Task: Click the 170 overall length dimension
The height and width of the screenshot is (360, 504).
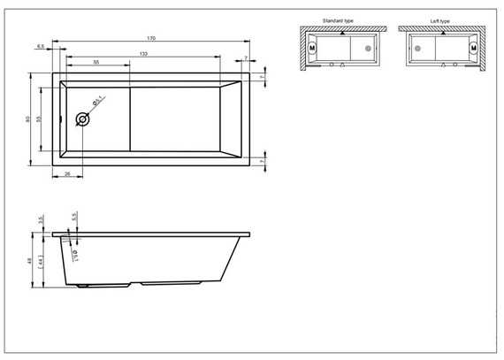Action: [151, 39]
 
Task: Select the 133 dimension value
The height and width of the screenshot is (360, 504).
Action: [143, 55]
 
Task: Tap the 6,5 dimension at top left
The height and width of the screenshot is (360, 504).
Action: [41, 45]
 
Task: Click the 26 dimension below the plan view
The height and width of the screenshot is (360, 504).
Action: [68, 173]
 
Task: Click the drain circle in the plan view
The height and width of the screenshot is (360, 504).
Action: [83, 118]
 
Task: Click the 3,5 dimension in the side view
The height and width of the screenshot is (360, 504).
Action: [41, 220]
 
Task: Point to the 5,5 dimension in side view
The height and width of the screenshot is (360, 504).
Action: [74, 216]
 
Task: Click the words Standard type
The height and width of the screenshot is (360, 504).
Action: [339, 19]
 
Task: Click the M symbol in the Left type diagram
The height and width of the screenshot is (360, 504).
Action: [473, 48]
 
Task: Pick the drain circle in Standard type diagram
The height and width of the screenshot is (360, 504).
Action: [367, 48]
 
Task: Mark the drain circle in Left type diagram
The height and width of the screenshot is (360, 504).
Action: [418, 48]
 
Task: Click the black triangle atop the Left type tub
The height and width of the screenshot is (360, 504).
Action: [442, 31]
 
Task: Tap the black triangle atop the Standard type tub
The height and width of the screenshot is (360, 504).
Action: [341, 31]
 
